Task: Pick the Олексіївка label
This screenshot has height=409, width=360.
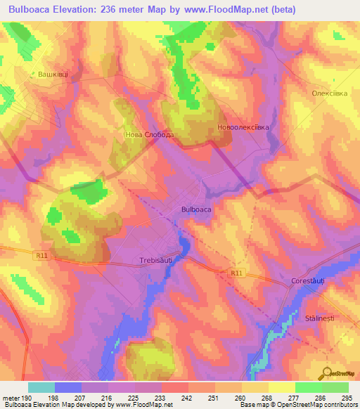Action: (x=330, y=93)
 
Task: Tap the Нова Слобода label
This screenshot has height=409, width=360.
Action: (x=149, y=134)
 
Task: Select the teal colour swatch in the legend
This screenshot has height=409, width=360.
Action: (x=41, y=387)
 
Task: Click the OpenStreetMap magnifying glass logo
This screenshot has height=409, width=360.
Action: (x=328, y=373)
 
